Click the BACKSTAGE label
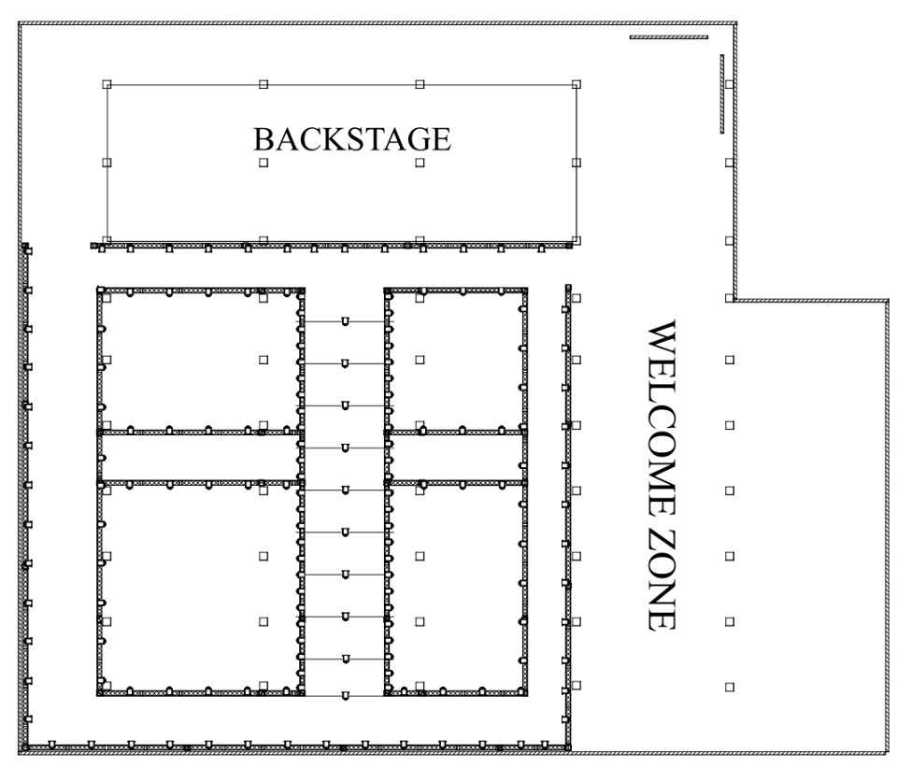pos(352,139)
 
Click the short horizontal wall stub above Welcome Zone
pos(669,37)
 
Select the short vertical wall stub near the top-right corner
pos(722,94)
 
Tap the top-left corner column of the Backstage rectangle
pos(107,85)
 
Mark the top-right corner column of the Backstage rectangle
pos(577,85)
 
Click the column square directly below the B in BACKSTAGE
pos(263,163)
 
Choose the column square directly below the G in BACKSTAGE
pos(420,163)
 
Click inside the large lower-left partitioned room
pos(200,589)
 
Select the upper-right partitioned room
pos(456,361)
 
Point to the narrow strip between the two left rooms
pos(200,458)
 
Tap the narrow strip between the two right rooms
pos(456,458)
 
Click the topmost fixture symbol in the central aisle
pos(345,322)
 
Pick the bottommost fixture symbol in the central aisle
pos(345,696)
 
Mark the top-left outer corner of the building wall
pos(20,22)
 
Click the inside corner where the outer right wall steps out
pos(735,300)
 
